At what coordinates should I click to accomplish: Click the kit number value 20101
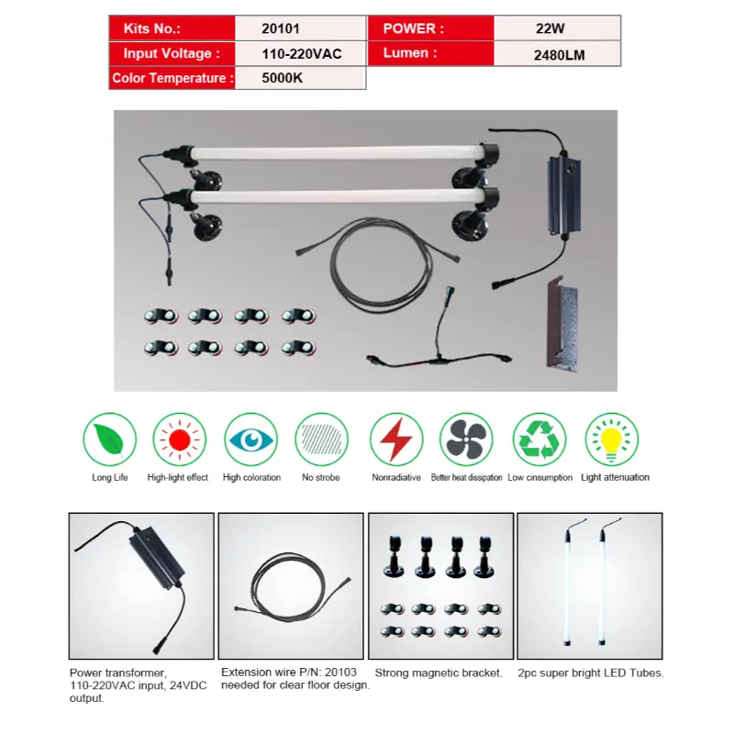[x=280, y=28]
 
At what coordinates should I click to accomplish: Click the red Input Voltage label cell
[x=172, y=54]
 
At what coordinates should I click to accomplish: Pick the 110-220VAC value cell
[x=301, y=54]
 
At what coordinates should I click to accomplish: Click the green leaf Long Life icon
[x=110, y=439]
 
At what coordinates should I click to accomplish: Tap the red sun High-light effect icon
[x=178, y=439]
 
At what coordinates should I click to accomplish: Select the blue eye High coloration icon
[x=250, y=439]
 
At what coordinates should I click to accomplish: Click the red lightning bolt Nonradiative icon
[x=396, y=439]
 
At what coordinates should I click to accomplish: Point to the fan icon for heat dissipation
[x=466, y=439]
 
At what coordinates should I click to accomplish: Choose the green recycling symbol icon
[x=539, y=439]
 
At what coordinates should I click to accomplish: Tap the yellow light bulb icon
[x=612, y=439]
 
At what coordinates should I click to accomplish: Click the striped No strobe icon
[x=321, y=439]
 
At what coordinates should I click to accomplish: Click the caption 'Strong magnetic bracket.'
[x=439, y=673]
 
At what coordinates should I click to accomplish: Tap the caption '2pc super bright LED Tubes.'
[x=590, y=673]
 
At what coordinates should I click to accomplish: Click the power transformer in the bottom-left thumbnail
[x=157, y=564]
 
